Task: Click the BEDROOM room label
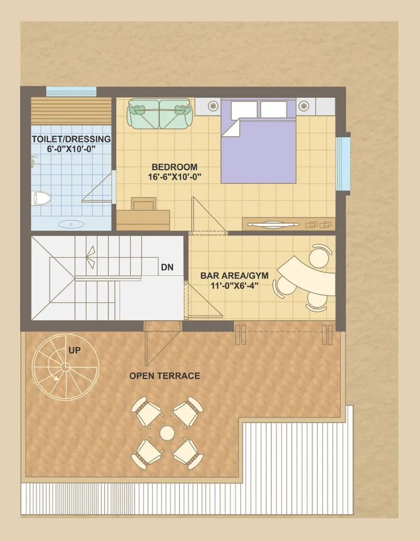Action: (x=175, y=167)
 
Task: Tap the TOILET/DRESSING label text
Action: (x=71, y=139)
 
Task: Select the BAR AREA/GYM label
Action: (x=234, y=276)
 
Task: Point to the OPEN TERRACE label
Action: (x=165, y=376)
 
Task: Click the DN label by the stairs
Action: (x=167, y=267)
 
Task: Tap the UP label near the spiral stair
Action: (x=75, y=350)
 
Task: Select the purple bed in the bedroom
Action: (x=258, y=141)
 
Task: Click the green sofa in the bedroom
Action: (x=159, y=114)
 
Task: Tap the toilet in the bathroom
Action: (x=41, y=199)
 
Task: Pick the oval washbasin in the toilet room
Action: (x=71, y=224)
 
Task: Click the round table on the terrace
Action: (x=167, y=433)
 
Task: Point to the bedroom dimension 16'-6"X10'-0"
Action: (x=175, y=177)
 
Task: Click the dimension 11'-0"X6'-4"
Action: (x=234, y=285)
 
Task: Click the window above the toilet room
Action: (x=71, y=92)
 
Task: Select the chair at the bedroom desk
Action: (x=143, y=203)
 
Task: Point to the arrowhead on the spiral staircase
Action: (x=55, y=378)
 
